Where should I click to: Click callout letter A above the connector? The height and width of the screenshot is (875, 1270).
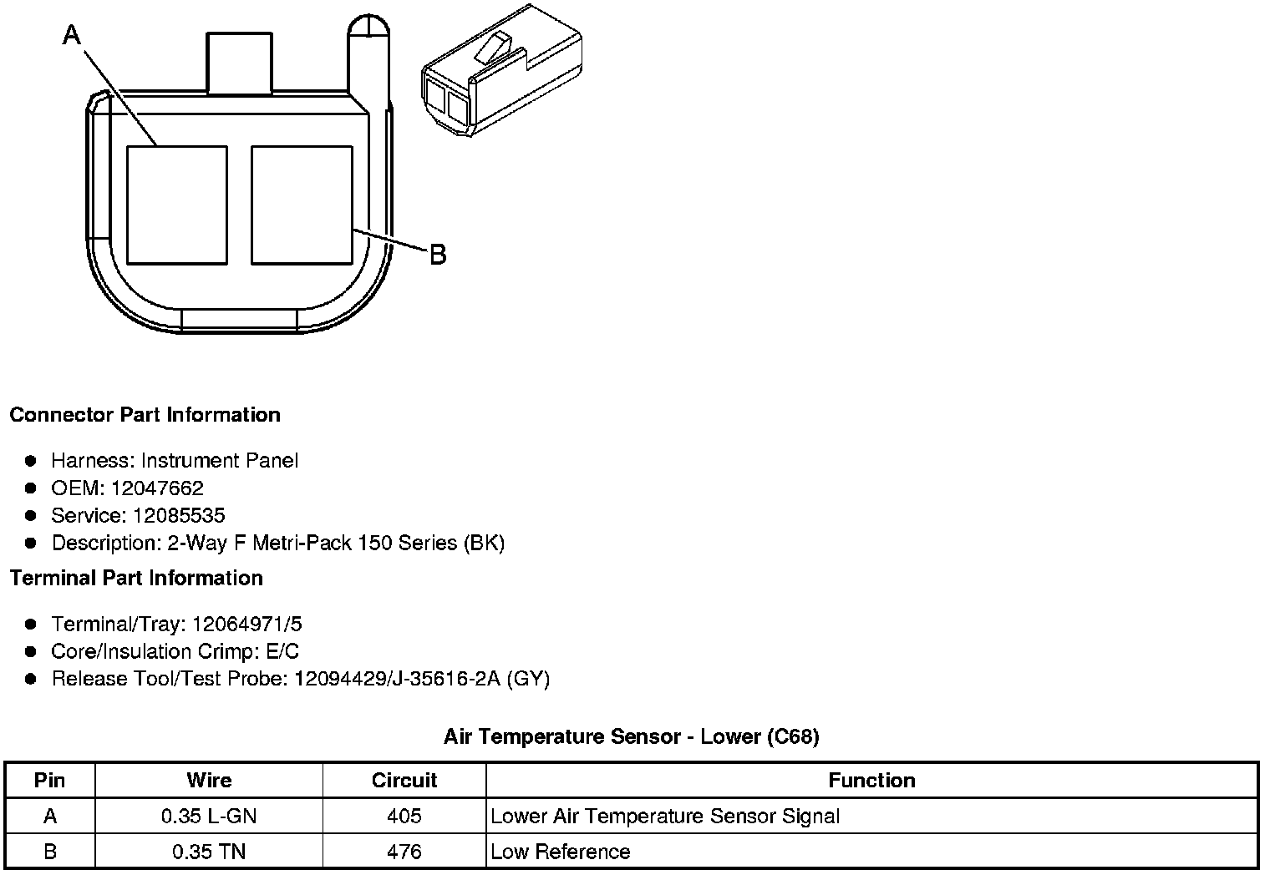(x=72, y=35)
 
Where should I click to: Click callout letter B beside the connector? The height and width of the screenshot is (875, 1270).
(x=439, y=255)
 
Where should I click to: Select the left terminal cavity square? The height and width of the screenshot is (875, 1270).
(x=177, y=205)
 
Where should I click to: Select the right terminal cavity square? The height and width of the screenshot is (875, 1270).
(x=302, y=205)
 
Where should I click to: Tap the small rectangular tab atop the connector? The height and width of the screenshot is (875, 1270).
(x=239, y=63)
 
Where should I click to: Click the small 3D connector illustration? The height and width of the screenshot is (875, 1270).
(x=502, y=70)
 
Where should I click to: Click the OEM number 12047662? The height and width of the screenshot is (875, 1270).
(x=157, y=488)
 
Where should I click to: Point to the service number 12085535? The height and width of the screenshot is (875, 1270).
(x=179, y=515)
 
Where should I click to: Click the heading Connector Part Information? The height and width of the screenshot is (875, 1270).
(x=145, y=415)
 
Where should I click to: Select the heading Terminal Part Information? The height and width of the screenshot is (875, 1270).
(x=137, y=578)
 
